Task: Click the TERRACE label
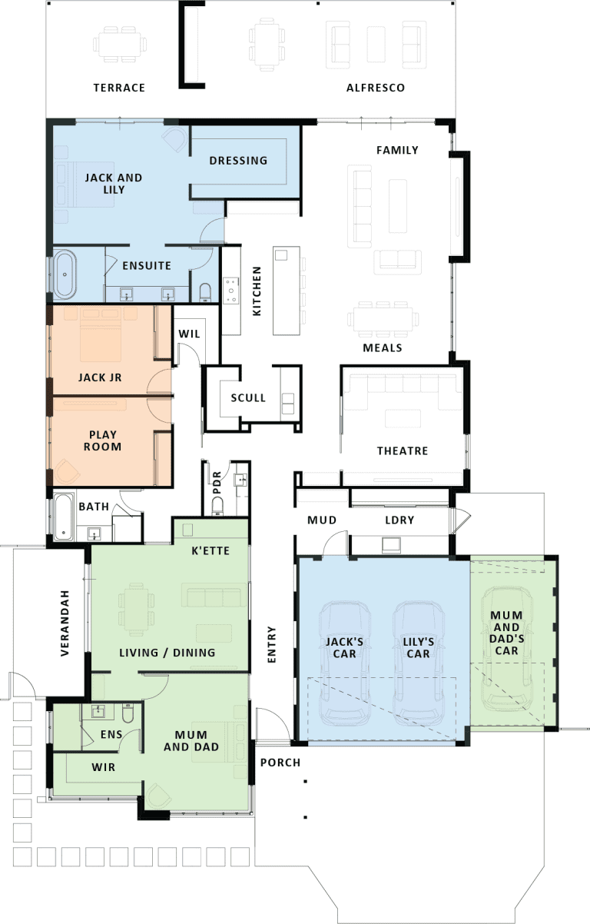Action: [x=119, y=88]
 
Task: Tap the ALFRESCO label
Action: [x=376, y=88]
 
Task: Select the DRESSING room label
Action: [x=238, y=161]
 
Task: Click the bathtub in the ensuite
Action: [x=65, y=274]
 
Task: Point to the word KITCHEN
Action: [x=257, y=291]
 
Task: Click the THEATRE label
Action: [x=403, y=451]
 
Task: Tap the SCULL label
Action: [x=248, y=398]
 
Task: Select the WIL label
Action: [x=189, y=334]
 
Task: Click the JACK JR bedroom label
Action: [x=100, y=377]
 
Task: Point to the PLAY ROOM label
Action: [x=103, y=440]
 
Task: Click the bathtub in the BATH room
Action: [x=64, y=517]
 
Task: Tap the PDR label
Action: [x=217, y=483]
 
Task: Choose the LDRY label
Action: [x=399, y=520]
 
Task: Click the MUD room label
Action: [x=322, y=520]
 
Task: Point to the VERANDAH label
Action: [x=65, y=623]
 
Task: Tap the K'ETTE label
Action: [x=210, y=550]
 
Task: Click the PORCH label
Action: [x=280, y=763]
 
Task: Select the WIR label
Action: [x=104, y=767]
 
